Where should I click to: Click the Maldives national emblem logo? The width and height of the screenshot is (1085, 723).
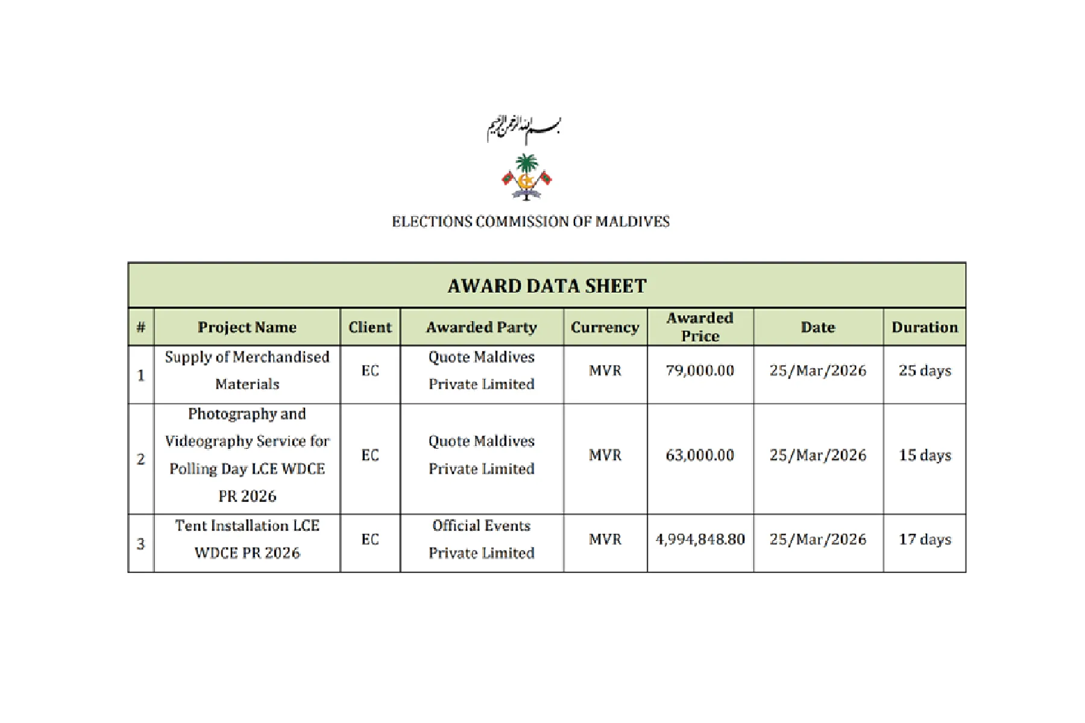click(527, 177)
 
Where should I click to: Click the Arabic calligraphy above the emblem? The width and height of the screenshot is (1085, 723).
click(523, 128)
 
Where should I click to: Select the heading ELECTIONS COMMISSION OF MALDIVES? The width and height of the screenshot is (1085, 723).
click(530, 222)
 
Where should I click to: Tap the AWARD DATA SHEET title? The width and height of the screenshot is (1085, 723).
click(547, 286)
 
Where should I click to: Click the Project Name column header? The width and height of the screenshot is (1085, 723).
click(247, 327)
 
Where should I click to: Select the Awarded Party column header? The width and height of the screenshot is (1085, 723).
click(481, 327)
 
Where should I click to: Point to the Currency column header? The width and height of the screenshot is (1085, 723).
click(605, 327)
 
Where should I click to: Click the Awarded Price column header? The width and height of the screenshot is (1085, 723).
click(700, 327)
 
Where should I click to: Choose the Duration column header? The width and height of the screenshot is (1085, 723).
click(924, 327)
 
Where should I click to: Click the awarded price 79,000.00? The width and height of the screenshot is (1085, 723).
click(700, 371)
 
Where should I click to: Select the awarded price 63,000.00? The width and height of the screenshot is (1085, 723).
click(700, 455)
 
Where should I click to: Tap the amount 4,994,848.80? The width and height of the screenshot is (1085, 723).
click(700, 539)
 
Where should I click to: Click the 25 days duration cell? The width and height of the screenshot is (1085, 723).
click(924, 371)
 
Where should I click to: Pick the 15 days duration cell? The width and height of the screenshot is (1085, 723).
click(924, 455)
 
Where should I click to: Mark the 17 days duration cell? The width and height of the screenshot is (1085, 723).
click(924, 539)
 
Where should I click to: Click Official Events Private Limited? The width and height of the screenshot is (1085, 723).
click(481, 539)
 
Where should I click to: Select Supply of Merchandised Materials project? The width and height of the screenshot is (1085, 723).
click(247, 371)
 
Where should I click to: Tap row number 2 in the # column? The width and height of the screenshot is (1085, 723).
click(141, 459)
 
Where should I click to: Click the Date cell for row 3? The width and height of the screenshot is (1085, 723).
click(817, 539)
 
